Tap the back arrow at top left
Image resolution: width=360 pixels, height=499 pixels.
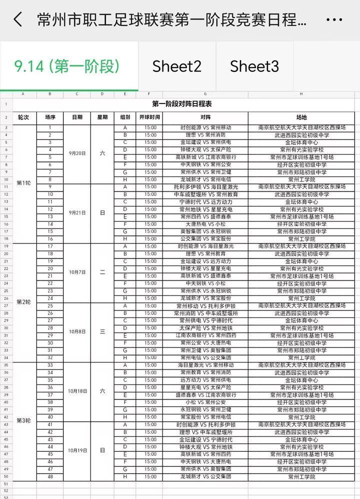18,20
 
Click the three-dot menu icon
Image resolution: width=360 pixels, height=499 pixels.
334,20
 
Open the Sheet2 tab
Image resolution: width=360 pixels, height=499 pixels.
177,66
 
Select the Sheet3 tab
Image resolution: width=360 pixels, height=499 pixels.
254,66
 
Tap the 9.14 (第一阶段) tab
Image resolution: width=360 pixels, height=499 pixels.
67,66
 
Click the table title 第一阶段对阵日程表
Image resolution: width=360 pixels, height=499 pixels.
182,104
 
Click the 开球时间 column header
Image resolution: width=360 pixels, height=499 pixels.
149,117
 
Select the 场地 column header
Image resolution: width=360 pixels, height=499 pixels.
301,117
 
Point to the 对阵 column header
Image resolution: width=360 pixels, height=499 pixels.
205,117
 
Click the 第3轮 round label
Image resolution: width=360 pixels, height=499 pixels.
24,421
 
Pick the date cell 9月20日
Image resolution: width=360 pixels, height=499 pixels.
77,153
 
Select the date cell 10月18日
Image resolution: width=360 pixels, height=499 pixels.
77,391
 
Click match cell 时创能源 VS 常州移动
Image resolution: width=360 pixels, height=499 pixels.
205,127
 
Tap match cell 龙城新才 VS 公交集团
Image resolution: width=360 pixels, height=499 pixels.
205,476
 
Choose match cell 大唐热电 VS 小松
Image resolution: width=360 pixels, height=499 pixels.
205,224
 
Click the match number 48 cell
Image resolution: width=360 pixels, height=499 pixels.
50,476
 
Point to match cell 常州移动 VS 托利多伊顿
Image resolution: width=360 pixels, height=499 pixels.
205,305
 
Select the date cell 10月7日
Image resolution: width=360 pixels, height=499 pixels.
77,272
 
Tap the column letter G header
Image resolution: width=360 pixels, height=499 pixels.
205,94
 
